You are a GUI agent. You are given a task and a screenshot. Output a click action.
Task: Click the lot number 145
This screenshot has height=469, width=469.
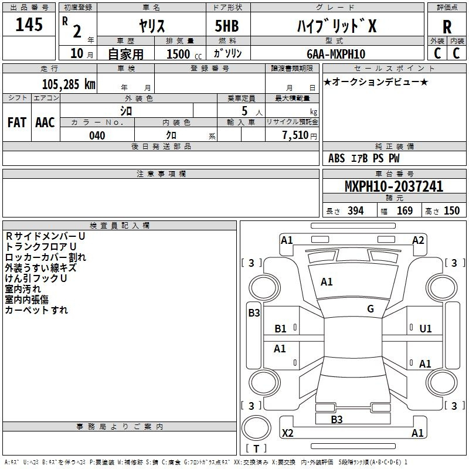click(29, 25)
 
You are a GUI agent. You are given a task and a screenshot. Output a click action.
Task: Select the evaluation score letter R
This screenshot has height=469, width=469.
click(447, 27)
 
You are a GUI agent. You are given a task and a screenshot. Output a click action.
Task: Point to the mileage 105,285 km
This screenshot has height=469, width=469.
click(69, 84)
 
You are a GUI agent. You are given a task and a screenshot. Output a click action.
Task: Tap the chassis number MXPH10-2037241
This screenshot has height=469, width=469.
click(394, 187)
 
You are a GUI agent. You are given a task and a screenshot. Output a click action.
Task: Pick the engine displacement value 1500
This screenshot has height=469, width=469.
click(178, 54)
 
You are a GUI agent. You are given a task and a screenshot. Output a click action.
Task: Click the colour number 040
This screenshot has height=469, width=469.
click(97, 135)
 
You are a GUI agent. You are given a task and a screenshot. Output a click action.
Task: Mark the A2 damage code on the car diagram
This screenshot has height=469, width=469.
click(418, 240)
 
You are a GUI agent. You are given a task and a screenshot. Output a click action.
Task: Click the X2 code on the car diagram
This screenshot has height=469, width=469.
click(288, 433)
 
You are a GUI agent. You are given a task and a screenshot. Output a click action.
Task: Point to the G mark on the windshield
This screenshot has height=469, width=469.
click(371, 309)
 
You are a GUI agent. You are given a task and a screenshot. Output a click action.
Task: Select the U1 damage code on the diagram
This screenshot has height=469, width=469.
click(425, 329)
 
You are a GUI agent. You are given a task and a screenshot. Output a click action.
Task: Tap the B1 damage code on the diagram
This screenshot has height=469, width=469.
click(281, 329)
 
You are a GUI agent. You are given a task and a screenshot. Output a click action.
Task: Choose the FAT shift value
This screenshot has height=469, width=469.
click(17, 122)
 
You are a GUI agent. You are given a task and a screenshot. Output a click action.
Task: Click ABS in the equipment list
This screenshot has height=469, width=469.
click(337, 158)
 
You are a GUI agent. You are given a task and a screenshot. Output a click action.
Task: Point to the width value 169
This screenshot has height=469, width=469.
click(405, 211)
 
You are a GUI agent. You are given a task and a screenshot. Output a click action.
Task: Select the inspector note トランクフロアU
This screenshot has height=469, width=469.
click(40, 246)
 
